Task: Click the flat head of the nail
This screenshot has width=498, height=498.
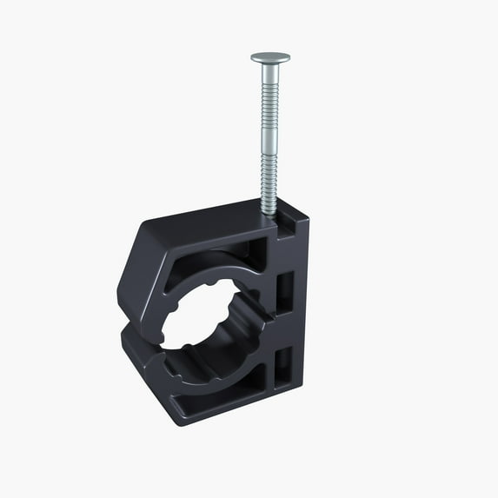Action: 270,57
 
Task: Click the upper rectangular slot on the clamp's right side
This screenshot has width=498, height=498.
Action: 284,291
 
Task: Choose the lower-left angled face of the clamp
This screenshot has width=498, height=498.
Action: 143,365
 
